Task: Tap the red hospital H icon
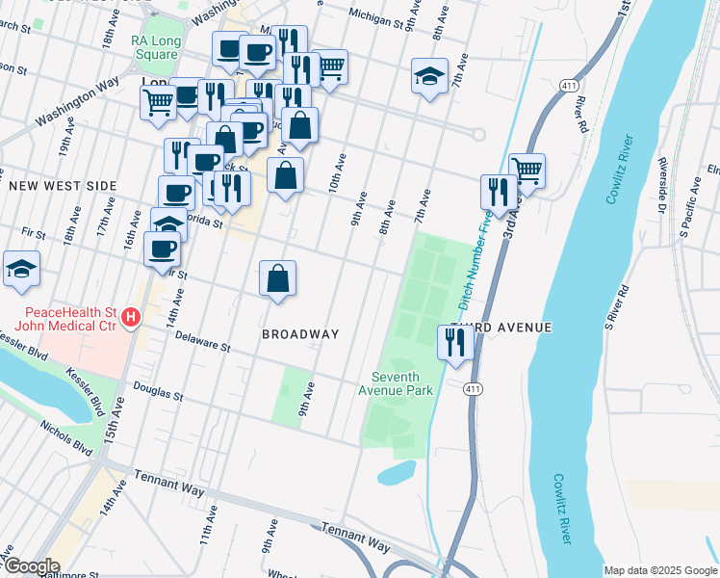[x=133, y=315]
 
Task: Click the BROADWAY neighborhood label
[x=300, y=334]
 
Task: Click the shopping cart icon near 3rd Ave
[x=527, y=171]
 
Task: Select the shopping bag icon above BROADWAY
[x=277, y=278]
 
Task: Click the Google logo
[x=31, y=566]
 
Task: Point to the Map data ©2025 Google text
[x=660, y=570]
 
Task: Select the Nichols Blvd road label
[x=66, y=436]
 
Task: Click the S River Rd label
[x=616, y=302]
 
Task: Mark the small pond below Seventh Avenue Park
[x=397, y=473]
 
